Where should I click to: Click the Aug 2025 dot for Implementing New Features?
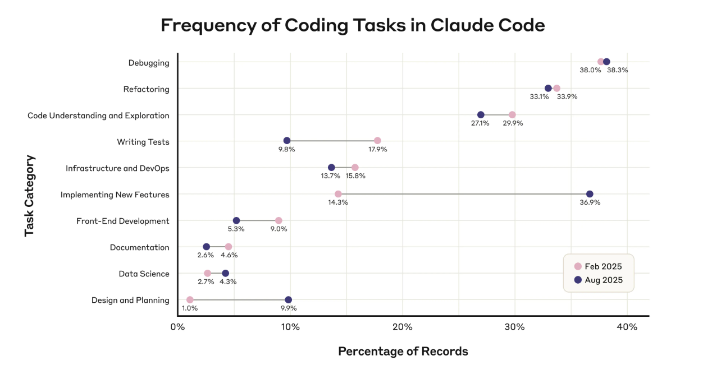click(x=590, y=194)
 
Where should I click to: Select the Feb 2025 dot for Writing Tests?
click(x=377, y=141)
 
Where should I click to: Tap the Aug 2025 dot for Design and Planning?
click(x=288, y=300)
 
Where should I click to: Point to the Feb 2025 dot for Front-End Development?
click(x=279, y=220)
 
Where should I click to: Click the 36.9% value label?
click(x=590, y=202)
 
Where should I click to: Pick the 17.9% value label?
click(x=377, y=149)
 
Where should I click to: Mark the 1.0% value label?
click(x=190, y=308)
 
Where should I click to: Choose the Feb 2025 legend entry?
click(x=599, y=266)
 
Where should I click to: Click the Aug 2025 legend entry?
click(x=599, y=280)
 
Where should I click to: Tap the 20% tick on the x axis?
click(x=403, y=327)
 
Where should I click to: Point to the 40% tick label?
click(x=627, y=327)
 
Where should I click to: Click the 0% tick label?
click(x=177, y=327)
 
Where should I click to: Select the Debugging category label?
click(x=149, y=63)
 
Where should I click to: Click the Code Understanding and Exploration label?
click(x=98, y=116)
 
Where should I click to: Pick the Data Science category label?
click(x=144, y=274)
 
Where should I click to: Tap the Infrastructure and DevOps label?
click(x=117, y=168)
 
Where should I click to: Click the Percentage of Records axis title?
click(x=403, y=352)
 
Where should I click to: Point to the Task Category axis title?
click(x=30, y=196)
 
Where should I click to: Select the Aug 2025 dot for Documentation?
click(x=206, y=247)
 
